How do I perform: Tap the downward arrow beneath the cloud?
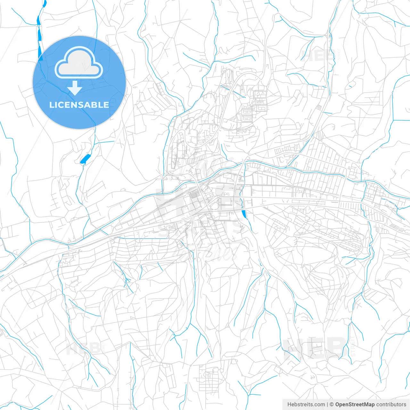(x=75, y=88)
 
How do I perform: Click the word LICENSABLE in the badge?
(x=79, y=105)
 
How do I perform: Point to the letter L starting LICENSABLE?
(x=51, y=105)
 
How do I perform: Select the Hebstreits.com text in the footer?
(x=306, y=405)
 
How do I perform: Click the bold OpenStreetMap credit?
(x=355, y=405)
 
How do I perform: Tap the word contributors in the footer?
(x=391, y=405)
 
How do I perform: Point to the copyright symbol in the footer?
(x=332, y=405)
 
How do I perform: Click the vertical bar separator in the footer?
(x=327, y=405)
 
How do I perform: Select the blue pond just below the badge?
(x=85, y=159)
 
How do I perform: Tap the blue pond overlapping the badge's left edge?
(x=40, y=51)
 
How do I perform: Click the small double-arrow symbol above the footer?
(x=312, y=377)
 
